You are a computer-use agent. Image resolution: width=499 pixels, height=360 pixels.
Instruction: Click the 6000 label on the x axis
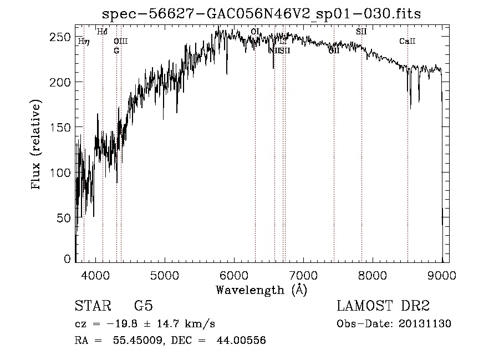(234, 274)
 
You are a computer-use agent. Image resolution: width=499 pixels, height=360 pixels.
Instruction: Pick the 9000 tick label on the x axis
(442, 274)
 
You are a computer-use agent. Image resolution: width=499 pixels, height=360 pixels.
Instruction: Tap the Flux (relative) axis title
(37, 145)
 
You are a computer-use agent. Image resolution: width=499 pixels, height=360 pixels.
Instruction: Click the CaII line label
(408, 42)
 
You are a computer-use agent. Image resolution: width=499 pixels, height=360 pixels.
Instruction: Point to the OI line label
(255, 32)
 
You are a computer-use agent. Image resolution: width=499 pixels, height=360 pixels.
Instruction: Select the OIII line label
(120, 41)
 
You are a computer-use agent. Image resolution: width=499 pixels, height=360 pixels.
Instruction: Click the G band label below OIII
(116, 50)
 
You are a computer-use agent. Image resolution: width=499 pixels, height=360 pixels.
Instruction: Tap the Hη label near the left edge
(83, 41)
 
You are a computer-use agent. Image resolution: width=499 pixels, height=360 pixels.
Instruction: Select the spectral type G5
(143, 306)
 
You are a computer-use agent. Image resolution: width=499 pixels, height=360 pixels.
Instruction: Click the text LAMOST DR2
(383, 306)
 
